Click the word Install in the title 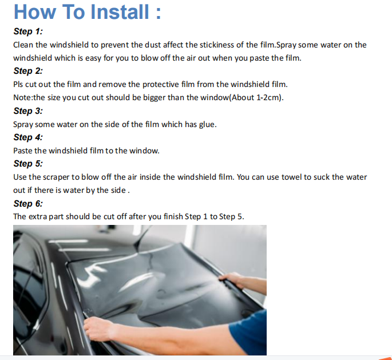(x=120, y=11)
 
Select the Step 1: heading (x=28, y=31)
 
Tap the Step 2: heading (x=28, y=71)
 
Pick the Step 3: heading (x=28, y=111)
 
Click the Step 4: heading (x=28, y=137)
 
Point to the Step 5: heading (x=28, y=164)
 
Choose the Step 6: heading (x=28, y=204)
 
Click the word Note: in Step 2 (x=23, y=97)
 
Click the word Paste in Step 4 (x=23, y=151)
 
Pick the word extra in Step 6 (x=38, y=216)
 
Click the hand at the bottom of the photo (x=99, y=329)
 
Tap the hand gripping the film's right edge (x=231, y=279)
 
